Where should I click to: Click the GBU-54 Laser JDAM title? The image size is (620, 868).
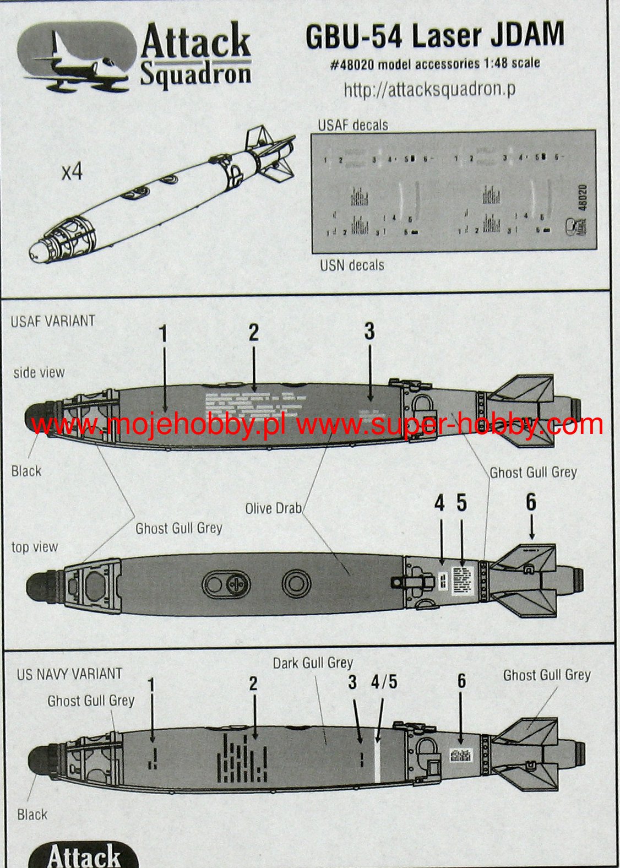[x=434, y=35]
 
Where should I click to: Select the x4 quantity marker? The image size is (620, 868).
[x=72, y=172]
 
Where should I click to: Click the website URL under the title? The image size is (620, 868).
[x=429, y=89]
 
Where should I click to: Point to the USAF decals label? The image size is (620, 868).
[x=352, y=125]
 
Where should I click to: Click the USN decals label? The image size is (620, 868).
[x=352, y=265]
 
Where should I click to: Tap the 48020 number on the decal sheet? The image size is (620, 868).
[x=583, y=197]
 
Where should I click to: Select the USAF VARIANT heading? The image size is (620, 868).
[x=53, y=321]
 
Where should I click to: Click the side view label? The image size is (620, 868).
[x=39, y=373]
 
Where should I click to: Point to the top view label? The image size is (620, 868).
[x=35, y=547]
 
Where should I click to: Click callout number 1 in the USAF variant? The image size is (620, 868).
[x=163, y=334]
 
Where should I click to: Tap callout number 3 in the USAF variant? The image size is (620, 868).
[x=369, y=332]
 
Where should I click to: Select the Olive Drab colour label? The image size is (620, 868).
[x=273, y=508]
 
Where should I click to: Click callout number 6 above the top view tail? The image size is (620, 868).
[x=531, y=502]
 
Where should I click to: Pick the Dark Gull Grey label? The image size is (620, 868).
[x=313, y=663]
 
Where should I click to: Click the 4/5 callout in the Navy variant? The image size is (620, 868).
[x=384, y=682]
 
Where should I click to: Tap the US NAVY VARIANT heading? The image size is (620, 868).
[x=69, y=674]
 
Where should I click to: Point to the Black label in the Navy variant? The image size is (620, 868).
[x=32, y=815]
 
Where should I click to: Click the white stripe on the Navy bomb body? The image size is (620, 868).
[x=378, y=760]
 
